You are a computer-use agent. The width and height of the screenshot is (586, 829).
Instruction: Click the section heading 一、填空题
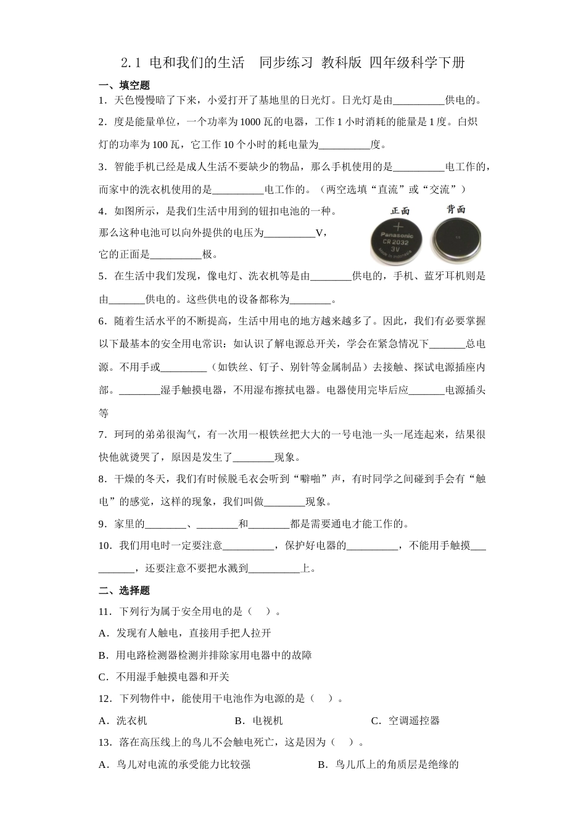click(124, 85)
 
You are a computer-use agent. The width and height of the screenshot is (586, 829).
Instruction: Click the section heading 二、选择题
click(124, 590)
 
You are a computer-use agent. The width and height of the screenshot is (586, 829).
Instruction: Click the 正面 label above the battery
click(400, 210)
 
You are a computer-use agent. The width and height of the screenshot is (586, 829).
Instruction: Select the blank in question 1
click(418, 101)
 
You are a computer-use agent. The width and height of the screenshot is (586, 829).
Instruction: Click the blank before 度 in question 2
click(344, 146)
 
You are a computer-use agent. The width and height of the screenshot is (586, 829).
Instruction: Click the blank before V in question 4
click(289, 233)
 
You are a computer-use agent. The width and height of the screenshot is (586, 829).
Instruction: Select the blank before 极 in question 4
click(176, 255)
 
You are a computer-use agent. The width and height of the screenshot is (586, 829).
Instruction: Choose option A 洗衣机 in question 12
click(123, 720)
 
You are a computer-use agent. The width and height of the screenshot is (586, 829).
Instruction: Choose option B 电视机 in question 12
click(259, 720)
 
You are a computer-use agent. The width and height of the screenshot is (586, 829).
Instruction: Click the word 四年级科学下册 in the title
click(417, 62)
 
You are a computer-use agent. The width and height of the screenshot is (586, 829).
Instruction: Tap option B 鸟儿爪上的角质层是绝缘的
click(389, 765)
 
